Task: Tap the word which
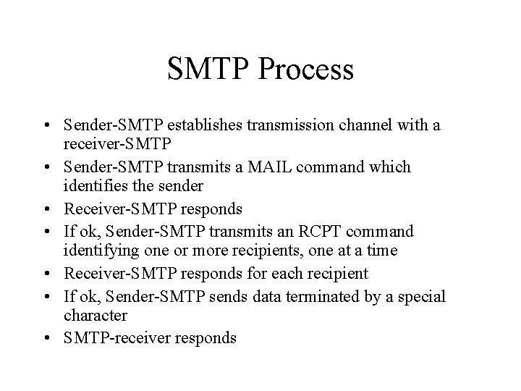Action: tap(388, 167)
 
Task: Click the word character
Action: tap(95, 316)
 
